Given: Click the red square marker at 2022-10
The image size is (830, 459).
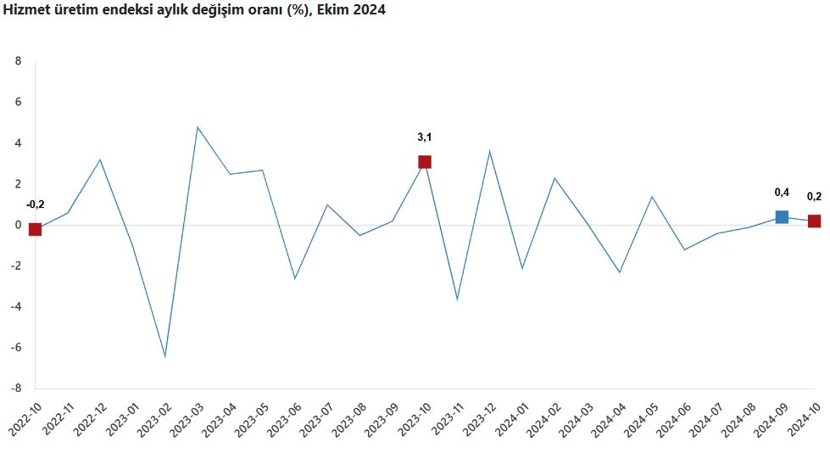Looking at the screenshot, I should click(35, 229).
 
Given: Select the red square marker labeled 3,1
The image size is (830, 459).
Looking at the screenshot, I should click(425, 162).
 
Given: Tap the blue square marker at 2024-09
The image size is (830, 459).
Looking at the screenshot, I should click(782, 217).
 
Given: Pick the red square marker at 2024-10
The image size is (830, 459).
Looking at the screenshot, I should click(814, 221).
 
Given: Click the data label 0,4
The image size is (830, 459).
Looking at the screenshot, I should click(782, 192).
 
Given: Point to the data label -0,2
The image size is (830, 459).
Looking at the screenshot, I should click(35, 204).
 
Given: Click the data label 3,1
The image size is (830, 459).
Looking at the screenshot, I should click(425, 137).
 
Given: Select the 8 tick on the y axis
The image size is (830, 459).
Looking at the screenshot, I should click(17, 61).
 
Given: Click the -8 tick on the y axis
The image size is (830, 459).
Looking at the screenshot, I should click(14, 389).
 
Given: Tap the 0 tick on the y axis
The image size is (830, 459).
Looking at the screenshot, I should click(17, 225).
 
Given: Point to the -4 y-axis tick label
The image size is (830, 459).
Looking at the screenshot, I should click(14, 306).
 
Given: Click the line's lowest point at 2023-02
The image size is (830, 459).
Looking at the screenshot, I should click(165, 356).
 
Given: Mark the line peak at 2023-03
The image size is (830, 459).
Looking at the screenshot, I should click(198, 127).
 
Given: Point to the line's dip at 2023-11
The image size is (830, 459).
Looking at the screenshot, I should click(458, 299).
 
